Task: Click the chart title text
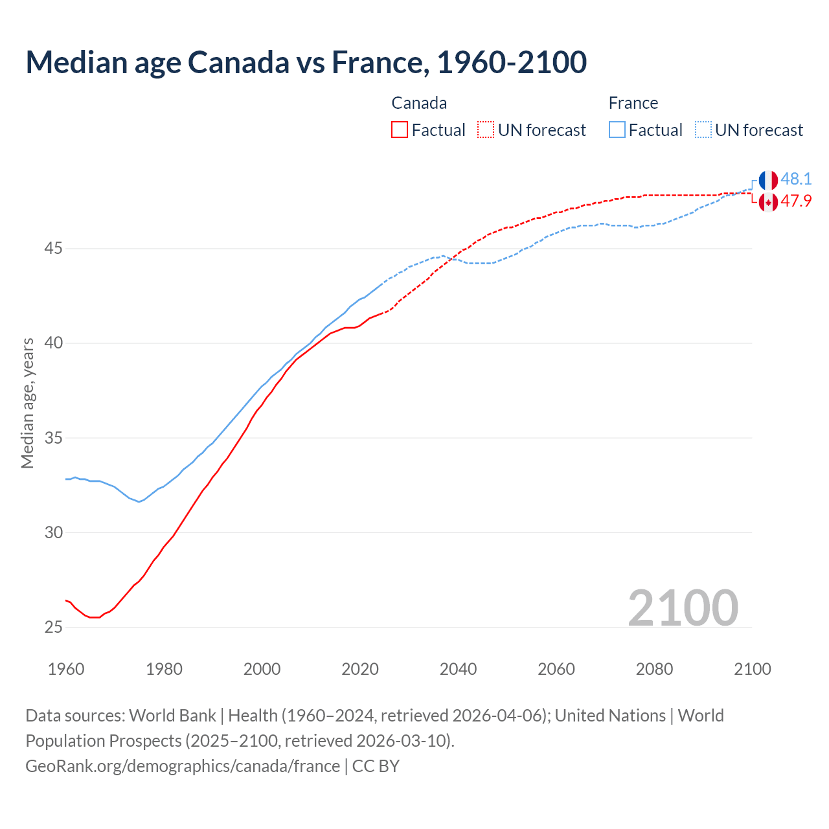point(306,62)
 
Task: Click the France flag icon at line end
point(768,180)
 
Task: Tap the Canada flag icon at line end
point(768,202)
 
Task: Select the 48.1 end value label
point(796,179)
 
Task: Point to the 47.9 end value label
point(796,201)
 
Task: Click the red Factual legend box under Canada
point(400,130)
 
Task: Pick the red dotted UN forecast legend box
point(486,130)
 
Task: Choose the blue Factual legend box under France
point(617,130)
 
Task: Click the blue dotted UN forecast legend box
point(703,130)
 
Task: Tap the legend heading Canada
point(419,103)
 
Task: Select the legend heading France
point(633,103)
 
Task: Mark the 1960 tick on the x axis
point(66,669)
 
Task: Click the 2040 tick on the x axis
point(458,669)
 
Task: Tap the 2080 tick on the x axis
point(654,669)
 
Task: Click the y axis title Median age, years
point(27,403)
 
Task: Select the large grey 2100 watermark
point(683,608)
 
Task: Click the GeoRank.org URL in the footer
point(183,766)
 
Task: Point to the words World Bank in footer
point(172,716)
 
